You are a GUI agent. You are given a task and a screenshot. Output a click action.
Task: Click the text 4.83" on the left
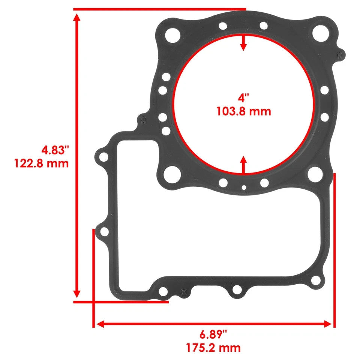coord(55,150)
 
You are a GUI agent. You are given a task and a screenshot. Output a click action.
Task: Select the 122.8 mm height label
coord(42,163)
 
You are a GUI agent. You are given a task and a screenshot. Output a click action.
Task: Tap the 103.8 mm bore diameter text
coord(243,111)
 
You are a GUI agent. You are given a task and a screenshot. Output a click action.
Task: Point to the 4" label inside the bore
coord(243,98)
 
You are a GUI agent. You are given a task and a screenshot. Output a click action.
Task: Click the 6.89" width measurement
coord(213,334)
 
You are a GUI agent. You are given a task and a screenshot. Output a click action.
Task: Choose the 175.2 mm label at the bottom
coord(213,347)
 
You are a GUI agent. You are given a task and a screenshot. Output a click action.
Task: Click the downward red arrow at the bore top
coord(244,43)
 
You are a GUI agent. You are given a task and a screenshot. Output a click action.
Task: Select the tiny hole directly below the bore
coord(244,187)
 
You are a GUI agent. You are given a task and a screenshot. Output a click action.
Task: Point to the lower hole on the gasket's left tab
coord(105,232)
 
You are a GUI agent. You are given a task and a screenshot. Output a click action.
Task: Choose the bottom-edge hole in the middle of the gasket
coord(237,290)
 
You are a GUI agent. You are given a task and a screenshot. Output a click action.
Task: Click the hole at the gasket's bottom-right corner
coord(316,280)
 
